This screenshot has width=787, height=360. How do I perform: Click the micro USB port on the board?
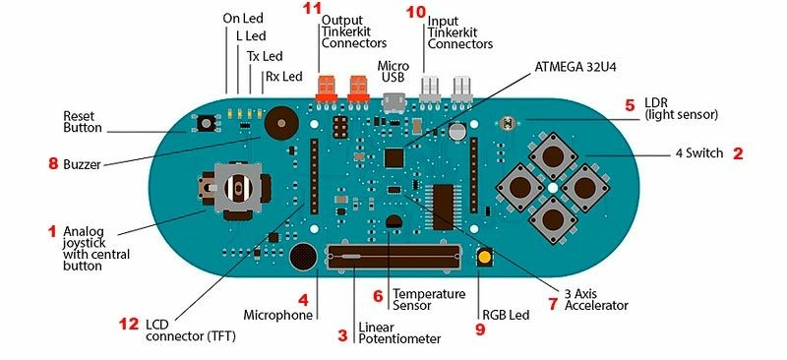[394, 100]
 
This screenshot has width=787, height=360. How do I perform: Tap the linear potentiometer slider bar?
[393, 258]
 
